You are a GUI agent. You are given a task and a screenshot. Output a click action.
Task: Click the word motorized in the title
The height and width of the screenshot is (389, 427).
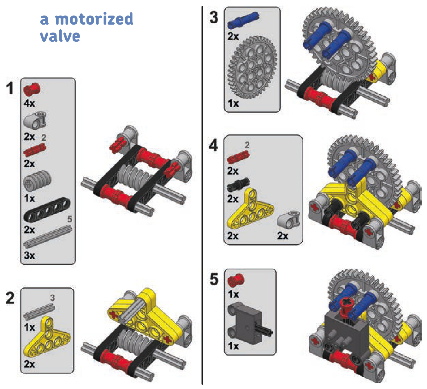click(94, 19)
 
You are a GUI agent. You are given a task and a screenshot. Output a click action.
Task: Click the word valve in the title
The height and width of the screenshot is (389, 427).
click(60, 36)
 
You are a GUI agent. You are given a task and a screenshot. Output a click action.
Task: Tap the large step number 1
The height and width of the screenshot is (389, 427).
click(10, 88)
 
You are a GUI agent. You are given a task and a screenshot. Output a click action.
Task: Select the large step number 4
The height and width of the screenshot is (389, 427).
click(213, 145)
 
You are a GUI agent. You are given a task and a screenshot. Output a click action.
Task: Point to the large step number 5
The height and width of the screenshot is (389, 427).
click(214, 279)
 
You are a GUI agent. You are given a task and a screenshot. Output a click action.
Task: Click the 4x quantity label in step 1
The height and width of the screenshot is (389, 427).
click(29, 103)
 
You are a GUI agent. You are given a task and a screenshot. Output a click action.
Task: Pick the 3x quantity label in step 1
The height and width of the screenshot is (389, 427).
click(29, 255)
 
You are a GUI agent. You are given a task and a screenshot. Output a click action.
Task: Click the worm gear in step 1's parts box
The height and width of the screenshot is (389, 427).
click(37, 181)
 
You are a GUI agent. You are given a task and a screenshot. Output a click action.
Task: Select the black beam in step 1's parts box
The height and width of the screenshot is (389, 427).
click(47, 209)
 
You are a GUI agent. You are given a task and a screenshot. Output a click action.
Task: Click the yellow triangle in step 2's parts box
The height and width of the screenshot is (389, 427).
click(47, 337)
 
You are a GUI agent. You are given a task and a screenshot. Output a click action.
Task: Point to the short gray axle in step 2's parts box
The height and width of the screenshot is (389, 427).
click(39, 311)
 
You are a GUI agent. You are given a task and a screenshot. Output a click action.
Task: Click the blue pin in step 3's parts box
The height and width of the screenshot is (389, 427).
click(243, 20)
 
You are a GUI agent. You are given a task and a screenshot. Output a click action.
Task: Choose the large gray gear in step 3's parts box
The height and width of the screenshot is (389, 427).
click(252, 68)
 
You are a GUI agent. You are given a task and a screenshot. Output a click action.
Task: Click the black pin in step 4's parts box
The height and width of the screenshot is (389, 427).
click(238, 185)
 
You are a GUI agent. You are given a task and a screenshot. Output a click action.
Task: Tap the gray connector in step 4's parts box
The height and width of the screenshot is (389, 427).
click(288, 220)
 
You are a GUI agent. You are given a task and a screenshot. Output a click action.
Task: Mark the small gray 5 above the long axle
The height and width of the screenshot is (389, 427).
click(70, 219)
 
